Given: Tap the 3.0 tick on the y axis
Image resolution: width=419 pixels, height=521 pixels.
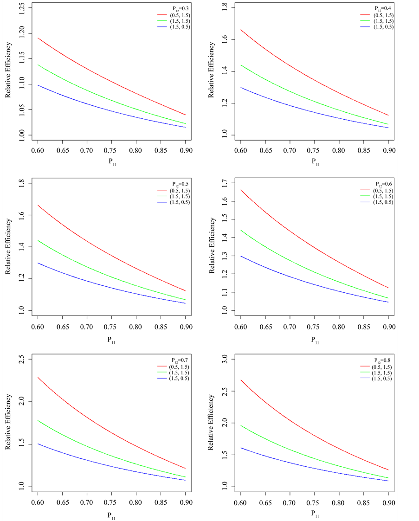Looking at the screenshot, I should pyautogui.click(x=226, y=360).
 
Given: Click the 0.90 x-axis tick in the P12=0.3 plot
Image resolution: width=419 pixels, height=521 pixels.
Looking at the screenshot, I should pyautogui.click(x=185, y=151).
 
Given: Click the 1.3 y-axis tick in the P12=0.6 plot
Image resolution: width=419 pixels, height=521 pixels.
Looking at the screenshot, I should pyautogui.click(x=226, y=256).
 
